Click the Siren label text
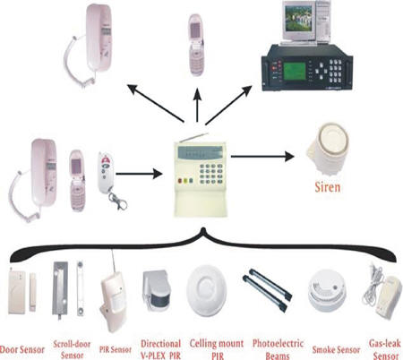click(328, 187)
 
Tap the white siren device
click(328, 150)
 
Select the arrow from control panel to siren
click(262, 156)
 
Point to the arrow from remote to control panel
click(139, 174)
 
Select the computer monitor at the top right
click(299, 21)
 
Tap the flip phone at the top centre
click(196, 45)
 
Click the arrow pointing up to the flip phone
click(197, 105)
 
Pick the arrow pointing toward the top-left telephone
click(156, 103)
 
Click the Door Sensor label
click(22, 349)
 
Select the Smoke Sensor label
click(336, 349)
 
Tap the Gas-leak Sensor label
click(385, 349)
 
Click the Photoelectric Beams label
click(278, 349)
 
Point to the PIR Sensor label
click(116, 349)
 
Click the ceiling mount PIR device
click(206, 290)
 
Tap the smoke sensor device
click(327, 290)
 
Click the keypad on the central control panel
click(211, 174)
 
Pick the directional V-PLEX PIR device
click(156, 290)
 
